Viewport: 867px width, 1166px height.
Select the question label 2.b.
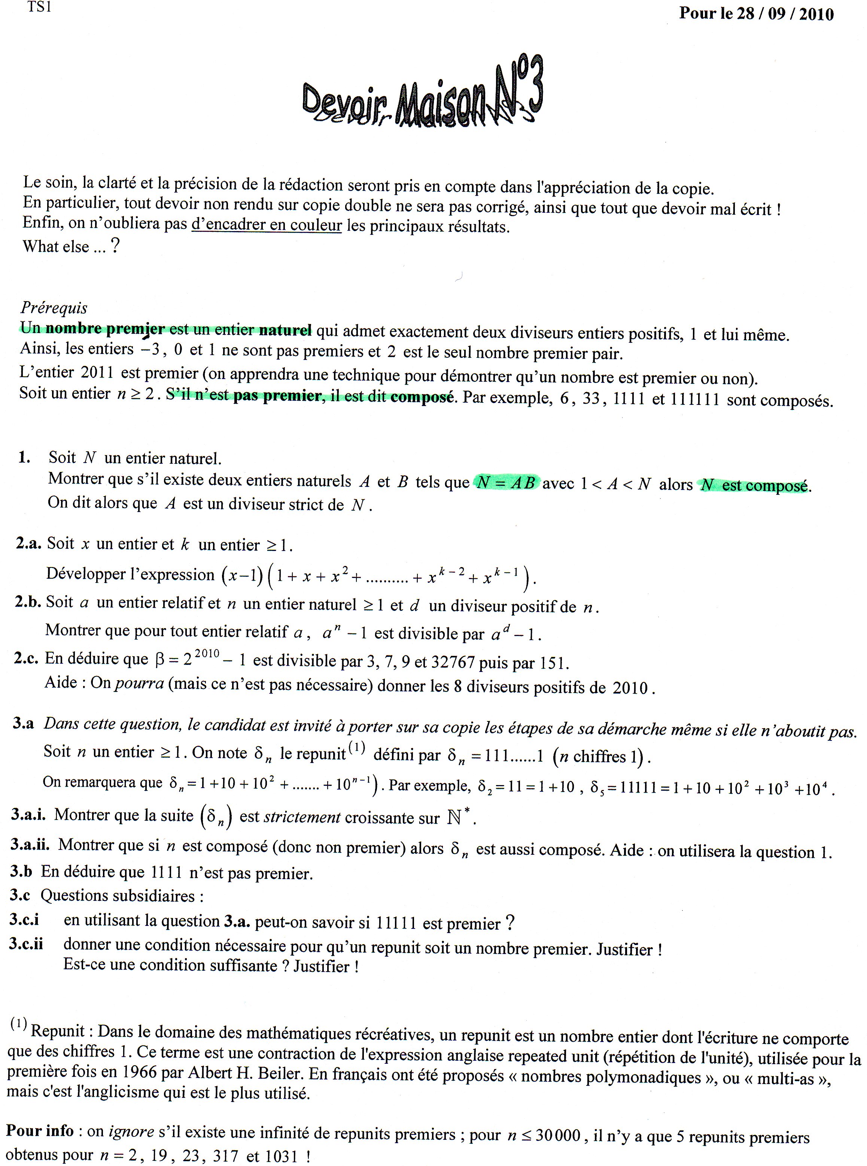[x=27, y=602]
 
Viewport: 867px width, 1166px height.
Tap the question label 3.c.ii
[x=26, y=944]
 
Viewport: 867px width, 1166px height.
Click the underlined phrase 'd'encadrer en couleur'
[x=267, y=225]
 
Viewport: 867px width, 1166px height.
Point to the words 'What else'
[x=56, y=246]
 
